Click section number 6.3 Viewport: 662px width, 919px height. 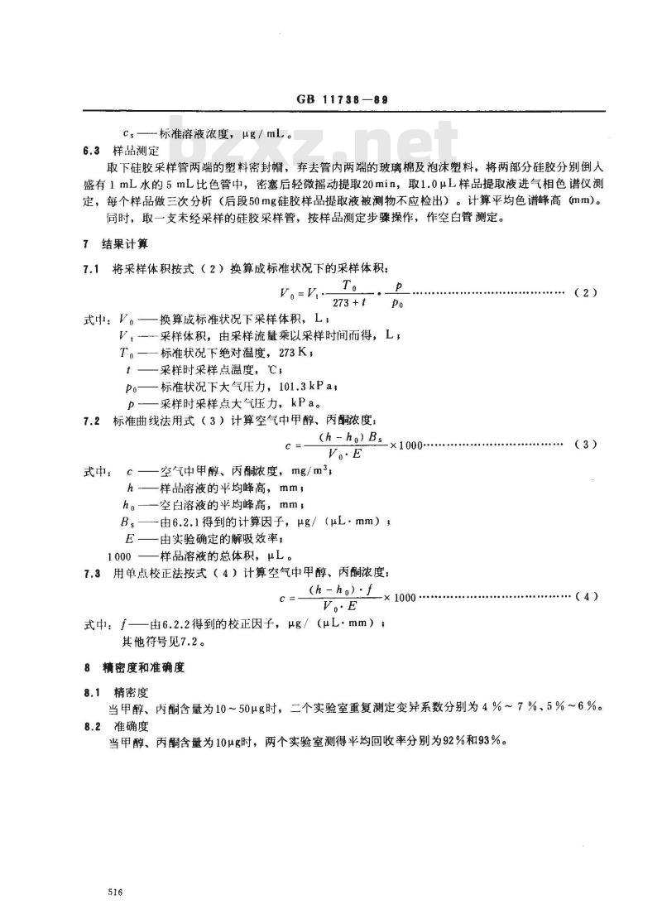coord(93,151)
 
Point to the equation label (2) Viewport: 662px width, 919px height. coord(584,293)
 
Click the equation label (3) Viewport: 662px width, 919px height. coord(584,445)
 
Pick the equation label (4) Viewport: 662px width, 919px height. coord(584,596)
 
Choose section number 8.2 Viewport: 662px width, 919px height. coord(93,726)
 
